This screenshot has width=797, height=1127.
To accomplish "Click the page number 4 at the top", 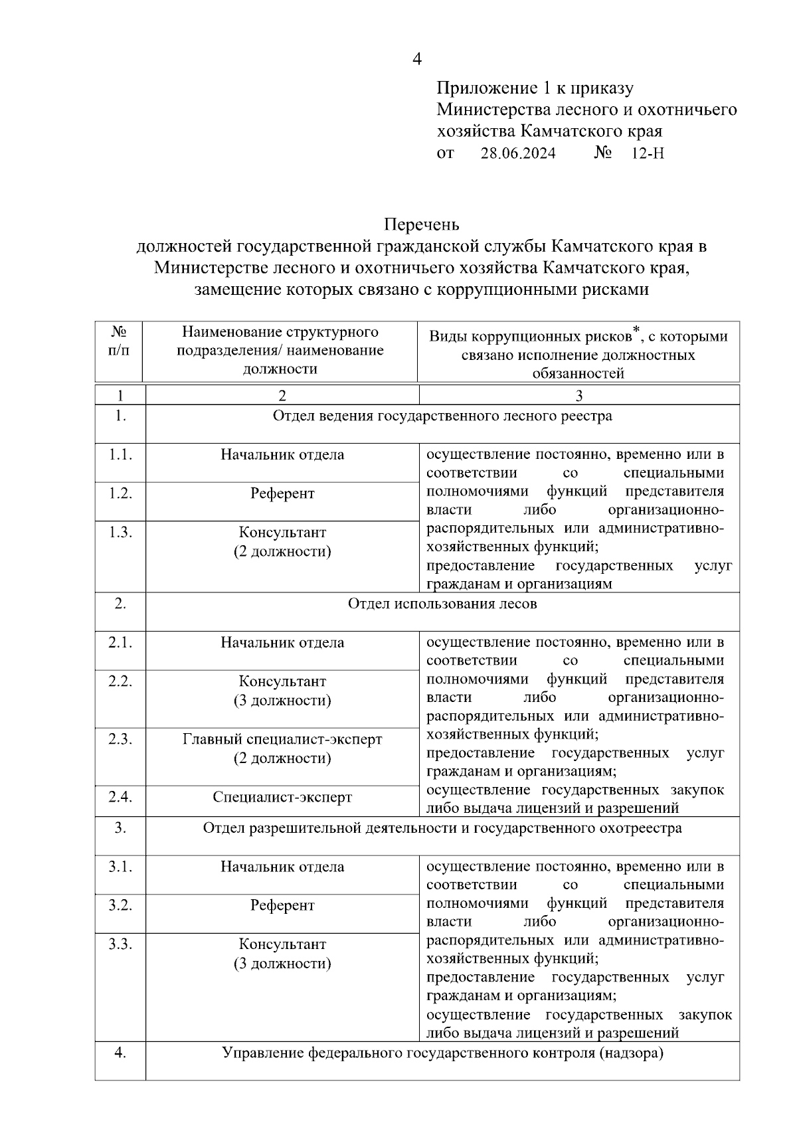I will click(x=417, y=59).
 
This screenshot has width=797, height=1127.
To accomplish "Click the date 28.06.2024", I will click(x=518, y=153).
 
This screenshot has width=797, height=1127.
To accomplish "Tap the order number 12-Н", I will click(x=648, y=153).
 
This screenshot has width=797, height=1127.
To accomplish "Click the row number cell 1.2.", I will click(x=120, y=493).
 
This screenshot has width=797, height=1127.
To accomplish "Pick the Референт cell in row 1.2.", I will click(x=282, y=494).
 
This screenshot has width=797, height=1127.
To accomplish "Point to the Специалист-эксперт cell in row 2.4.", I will click(x=282, y=798).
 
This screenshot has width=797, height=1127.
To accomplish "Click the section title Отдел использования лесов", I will click(x=442, y=604).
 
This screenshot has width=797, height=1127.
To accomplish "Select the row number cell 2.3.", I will click(x=120, y=739).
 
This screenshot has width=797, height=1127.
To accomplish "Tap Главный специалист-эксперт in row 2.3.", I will click(x=282, y=739).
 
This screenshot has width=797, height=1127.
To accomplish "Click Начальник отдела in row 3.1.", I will click(x=282, y=867).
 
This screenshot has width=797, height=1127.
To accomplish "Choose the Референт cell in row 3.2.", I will click(x=282, y=906).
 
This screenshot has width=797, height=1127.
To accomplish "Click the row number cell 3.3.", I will click(x=120, y=944).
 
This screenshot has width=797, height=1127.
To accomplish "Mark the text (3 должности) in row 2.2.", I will click(x=282, y=701).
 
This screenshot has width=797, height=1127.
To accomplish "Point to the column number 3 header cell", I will click(x=578, y=396).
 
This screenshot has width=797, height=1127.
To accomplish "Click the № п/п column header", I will click(x=119, y=341).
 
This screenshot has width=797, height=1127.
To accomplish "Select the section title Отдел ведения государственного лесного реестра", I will click(x=442, y=416).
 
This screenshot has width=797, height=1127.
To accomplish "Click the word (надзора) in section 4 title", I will click(x=632, y=1053).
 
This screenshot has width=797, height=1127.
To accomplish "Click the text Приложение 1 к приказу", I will click(x=535, y=88).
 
